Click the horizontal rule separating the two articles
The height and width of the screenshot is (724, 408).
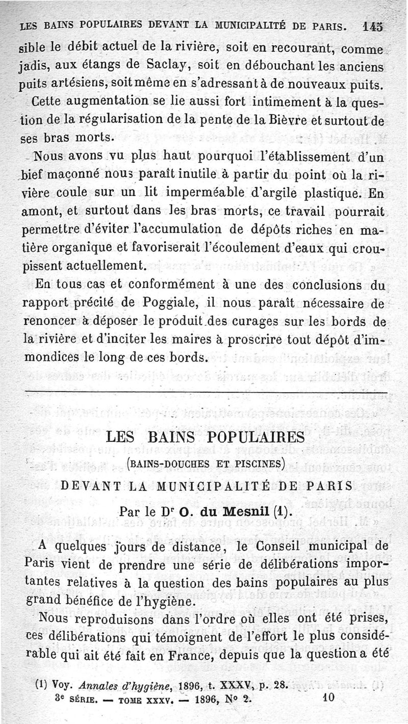[x=204, y=393]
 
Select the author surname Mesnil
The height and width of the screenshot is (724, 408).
[x=246, y=511]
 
